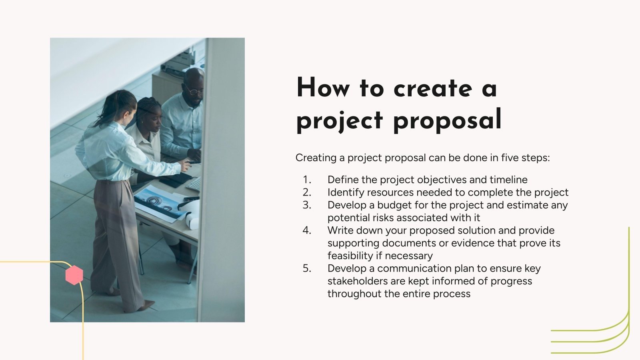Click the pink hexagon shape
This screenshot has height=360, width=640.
tap(74, 275)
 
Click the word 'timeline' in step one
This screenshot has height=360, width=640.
tap(508, 180)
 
